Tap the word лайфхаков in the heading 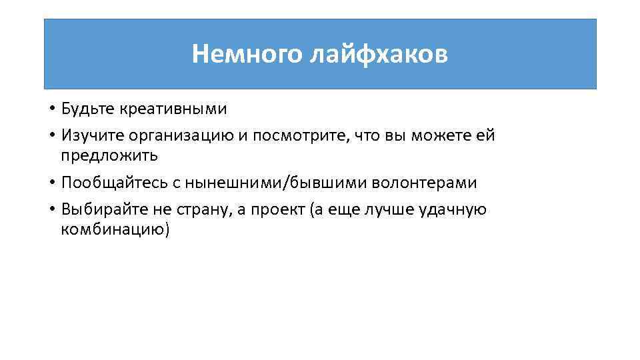coord(379,54)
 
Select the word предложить coord(109,156)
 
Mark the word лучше coord(389,210)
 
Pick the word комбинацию coord(115,230)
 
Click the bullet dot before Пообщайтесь coord(52,183)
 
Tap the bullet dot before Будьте coord(52,109)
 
